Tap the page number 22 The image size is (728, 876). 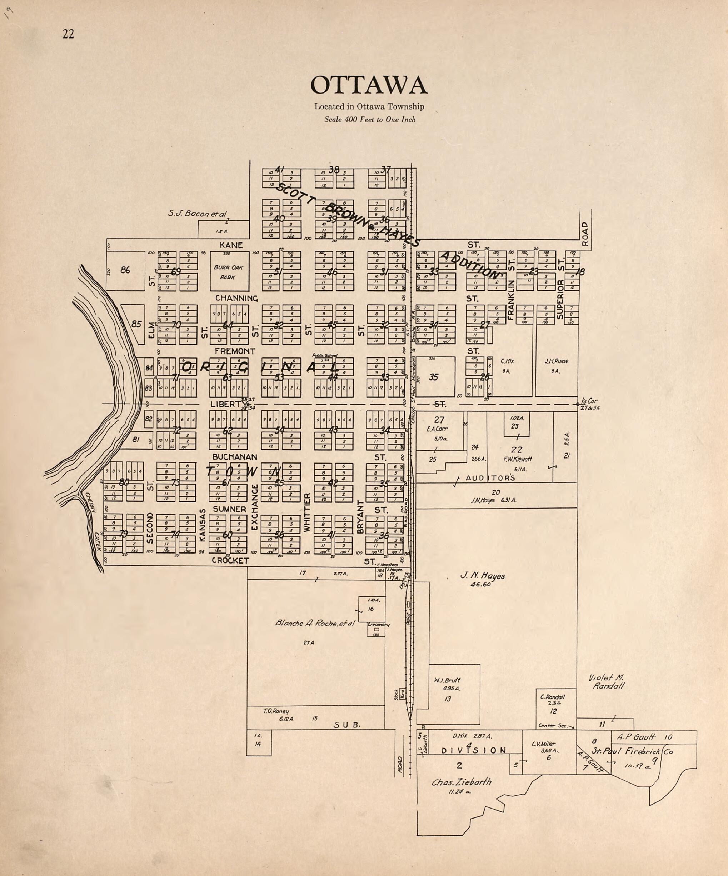pos(69,34)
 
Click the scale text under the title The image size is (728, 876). pos(370,120)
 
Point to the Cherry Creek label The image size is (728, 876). pos(94,521)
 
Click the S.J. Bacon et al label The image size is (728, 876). pos(197,213)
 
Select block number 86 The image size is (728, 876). pos(125,270)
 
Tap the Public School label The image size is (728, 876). pos(325,355)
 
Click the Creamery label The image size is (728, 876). pos(378,625)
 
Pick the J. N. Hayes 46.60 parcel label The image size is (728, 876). pos(482,579)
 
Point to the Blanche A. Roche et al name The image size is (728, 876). pos(315,623)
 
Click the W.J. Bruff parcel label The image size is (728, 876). pos(447,680)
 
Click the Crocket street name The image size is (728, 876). pos(230,561)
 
